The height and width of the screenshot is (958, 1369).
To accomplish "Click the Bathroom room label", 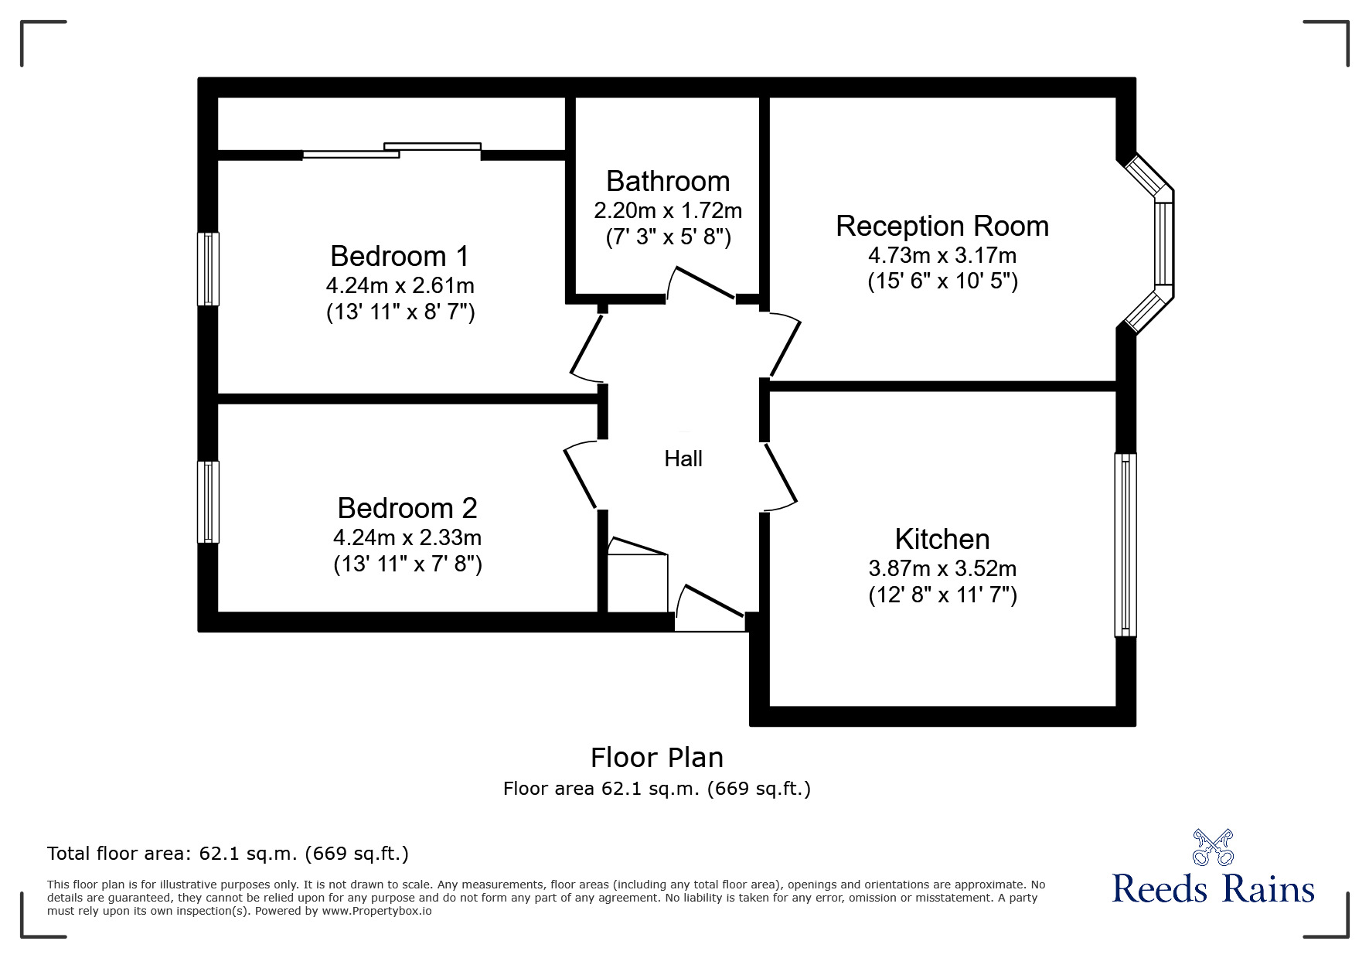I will (668, 181).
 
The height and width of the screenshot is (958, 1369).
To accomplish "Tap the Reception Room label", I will (942, 226).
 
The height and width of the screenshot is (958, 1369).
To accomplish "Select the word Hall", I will (683, 459).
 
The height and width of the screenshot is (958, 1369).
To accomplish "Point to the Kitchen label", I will (942, 539).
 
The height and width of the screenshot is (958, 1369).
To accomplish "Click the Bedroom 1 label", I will (400, 256).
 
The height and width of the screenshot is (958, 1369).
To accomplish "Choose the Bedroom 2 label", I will (407, 508).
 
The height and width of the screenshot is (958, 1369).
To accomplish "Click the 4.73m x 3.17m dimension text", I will (942, 254).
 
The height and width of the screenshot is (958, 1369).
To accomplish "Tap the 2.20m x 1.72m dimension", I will (668, 210).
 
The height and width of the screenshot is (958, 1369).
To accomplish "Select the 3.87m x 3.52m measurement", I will (942, 568).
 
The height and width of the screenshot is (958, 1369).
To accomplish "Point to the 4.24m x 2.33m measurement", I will (407, 537).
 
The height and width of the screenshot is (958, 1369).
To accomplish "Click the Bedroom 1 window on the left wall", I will (208, 268).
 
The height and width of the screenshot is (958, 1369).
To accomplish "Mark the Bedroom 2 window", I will (208, 502).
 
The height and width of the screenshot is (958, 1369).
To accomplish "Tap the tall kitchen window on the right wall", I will (1126, 544).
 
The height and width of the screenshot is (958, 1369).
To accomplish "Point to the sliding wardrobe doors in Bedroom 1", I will (392, 151).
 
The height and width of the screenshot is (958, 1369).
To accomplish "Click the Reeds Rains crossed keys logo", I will (1213, 847).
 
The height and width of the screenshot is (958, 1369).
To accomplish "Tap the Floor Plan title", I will (657, 758).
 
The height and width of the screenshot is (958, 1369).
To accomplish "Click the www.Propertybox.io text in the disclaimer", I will (377, 911).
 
